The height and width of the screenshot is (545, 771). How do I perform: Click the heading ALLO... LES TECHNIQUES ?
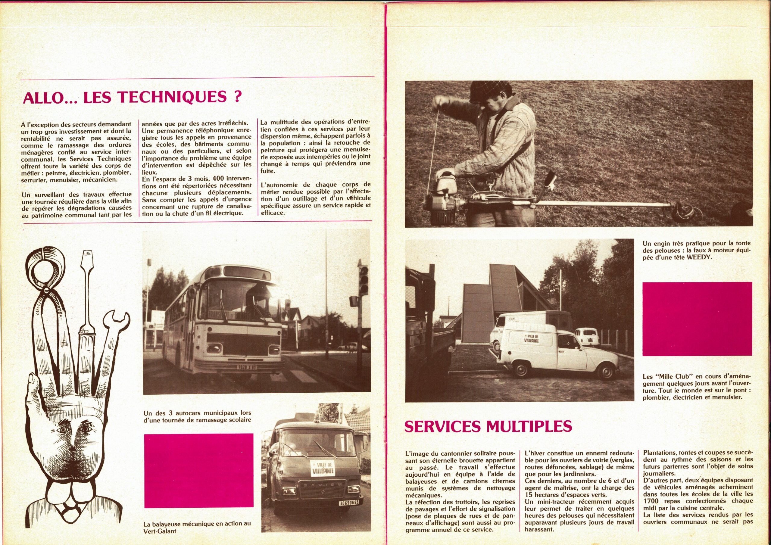click(x=131, y=98)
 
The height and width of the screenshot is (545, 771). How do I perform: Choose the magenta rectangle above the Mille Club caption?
click(x=697, y=319)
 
